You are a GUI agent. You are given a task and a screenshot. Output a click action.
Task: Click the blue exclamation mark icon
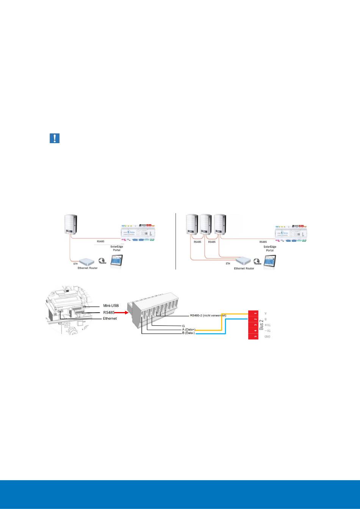[x=55, y=138]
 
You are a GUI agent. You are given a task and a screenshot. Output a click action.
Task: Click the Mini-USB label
[x=111, y=305]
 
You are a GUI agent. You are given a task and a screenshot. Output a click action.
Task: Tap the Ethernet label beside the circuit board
[x=111, y=319]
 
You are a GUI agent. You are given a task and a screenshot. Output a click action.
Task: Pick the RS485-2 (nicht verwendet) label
[x=208, y=315]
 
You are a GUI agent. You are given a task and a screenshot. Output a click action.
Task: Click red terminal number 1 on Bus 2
[x=255, y=314]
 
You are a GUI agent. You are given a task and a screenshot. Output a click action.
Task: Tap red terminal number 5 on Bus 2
[x=255, y=337]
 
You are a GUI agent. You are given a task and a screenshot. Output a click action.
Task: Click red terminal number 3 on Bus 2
[x=255, y=325]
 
